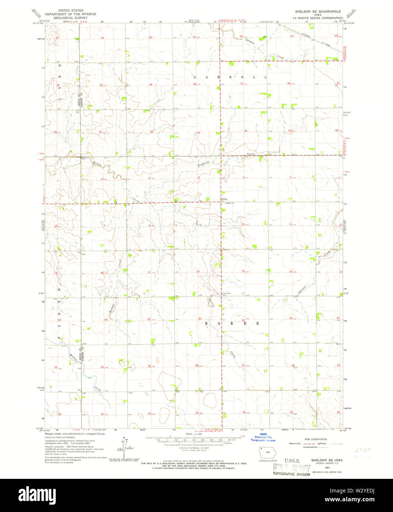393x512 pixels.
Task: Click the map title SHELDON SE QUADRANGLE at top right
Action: pos(316,11)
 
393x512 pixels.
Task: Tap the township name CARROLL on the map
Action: pos(230,77)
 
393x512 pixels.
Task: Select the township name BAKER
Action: pos(231,323)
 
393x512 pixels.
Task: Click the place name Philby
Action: pos(224,199)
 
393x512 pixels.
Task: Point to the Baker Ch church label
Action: pos(230,203)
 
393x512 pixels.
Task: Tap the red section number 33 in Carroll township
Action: pos(199,133)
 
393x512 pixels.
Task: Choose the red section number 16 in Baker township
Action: pos(198,271)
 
